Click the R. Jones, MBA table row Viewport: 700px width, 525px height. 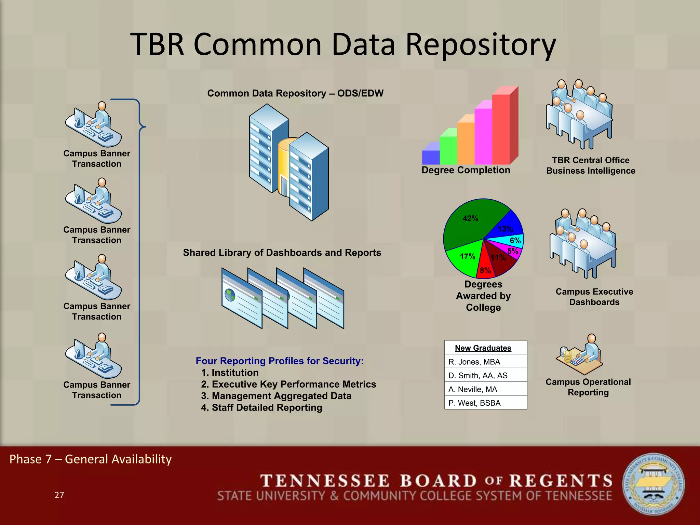point(485,362)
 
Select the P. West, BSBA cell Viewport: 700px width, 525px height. point(485,403)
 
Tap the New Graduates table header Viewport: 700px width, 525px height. point(483,348)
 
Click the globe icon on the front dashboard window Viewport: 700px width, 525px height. point(230,294)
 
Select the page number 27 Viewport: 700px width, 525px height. point(59,495)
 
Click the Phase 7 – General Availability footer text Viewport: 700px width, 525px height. point(91,459)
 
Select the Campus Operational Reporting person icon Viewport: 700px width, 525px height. point(581,355)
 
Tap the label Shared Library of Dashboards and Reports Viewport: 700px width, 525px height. point(282,253)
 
